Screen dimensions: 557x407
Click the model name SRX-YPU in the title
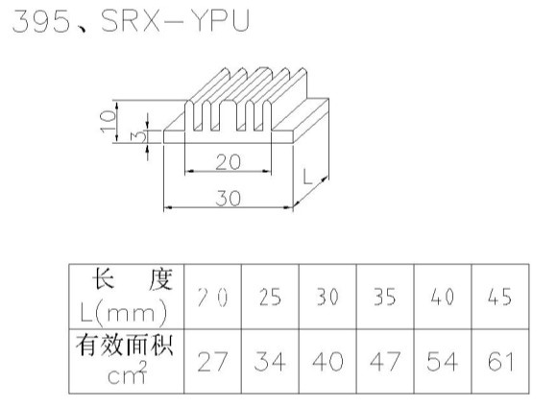(176, 21)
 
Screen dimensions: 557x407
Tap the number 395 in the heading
(41, 22)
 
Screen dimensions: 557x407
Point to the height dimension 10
(109, 122)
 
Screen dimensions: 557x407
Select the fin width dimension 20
(228, 162)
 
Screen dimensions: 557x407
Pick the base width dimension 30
(228, 198)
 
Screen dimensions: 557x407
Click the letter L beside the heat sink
(307, 177)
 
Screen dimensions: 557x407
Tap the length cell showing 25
(270, 297)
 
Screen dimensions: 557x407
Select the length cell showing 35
(385, 297)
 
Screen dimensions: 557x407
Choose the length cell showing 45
(499, 297)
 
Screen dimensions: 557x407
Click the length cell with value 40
(443, 297)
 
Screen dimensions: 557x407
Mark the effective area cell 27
(212, 362)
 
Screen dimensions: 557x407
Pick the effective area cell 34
(270, 362)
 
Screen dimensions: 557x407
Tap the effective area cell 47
(385, 362)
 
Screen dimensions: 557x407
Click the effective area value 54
(443, 362)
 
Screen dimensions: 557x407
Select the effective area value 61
(500, 362)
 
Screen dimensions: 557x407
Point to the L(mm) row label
(123, 313)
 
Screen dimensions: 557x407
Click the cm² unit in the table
(127, 372)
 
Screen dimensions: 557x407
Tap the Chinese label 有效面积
(125, 345)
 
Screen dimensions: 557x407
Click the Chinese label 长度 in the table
(133, 279)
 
